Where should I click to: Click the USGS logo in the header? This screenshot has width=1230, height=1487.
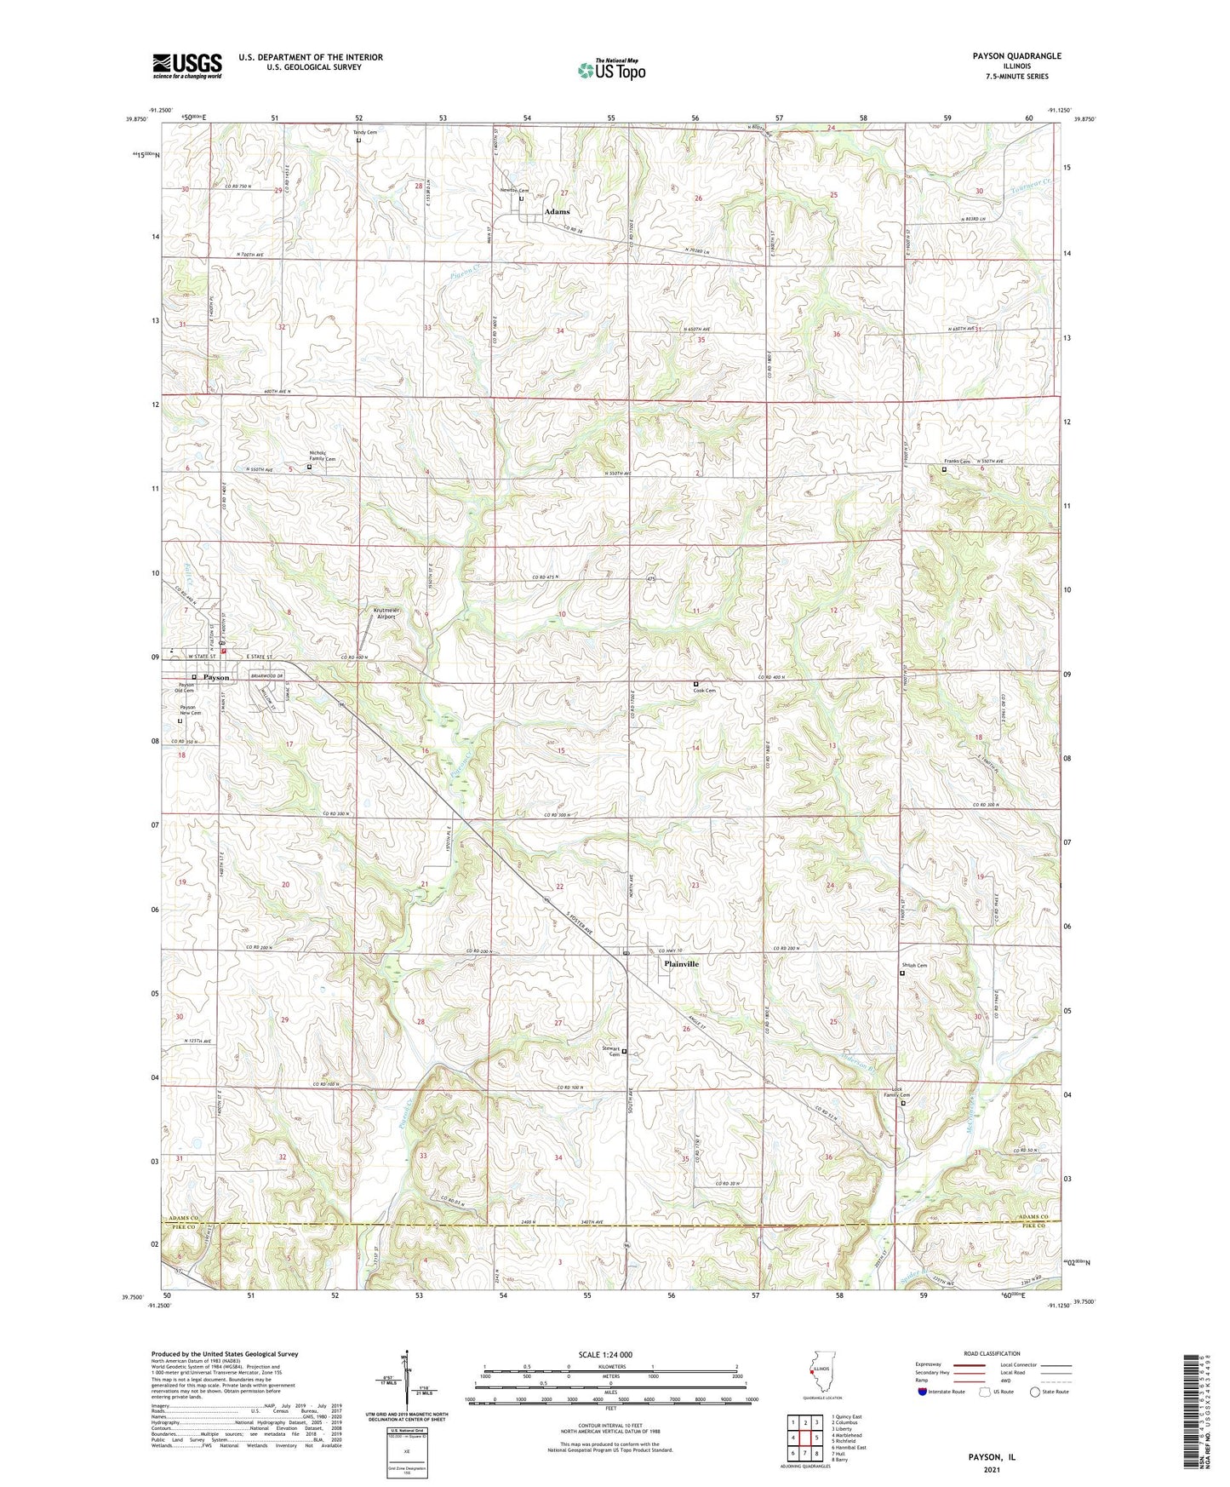pos(187,66)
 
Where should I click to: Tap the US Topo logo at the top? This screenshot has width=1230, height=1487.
pos(611,70)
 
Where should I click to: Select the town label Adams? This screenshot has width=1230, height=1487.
pos(557,211)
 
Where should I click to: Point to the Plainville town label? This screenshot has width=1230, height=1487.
pos(681,963)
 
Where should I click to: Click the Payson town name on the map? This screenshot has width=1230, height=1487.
pos(216,677)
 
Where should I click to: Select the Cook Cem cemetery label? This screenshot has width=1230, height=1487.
pos(704,691)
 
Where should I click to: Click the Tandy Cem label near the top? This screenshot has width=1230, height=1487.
pos(364,133)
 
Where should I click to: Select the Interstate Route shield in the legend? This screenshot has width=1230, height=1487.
pos(924,1392)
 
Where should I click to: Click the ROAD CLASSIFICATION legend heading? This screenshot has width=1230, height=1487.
pos(991,1353)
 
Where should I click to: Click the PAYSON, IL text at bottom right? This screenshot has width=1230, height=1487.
pos(992,1457)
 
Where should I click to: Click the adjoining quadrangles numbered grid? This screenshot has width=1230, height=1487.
pos(804,1438)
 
